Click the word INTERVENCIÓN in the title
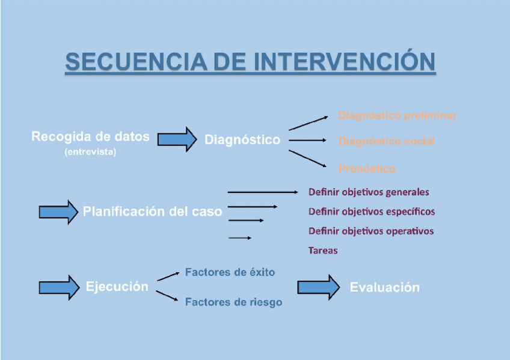pos(345,62)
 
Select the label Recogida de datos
pos(90,136)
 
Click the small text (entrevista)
pos(90,152)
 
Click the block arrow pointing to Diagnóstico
pos(177,139)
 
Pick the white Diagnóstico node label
pos(242,139)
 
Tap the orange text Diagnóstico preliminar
pos(397,115)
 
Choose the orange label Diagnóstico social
pos(386,141)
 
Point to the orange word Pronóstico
pos(367,169)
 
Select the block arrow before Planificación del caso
pos(58,212)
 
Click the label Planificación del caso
pos(152,212)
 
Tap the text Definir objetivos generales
pos(369,192)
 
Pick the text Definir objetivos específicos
pos(372,212)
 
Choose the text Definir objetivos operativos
pos(371,231)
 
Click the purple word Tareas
pos(323,250)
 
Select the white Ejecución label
pos(117,286)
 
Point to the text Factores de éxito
pos(230,272)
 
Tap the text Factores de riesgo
pos(233,302)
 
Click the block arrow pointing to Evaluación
pos(318,287)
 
